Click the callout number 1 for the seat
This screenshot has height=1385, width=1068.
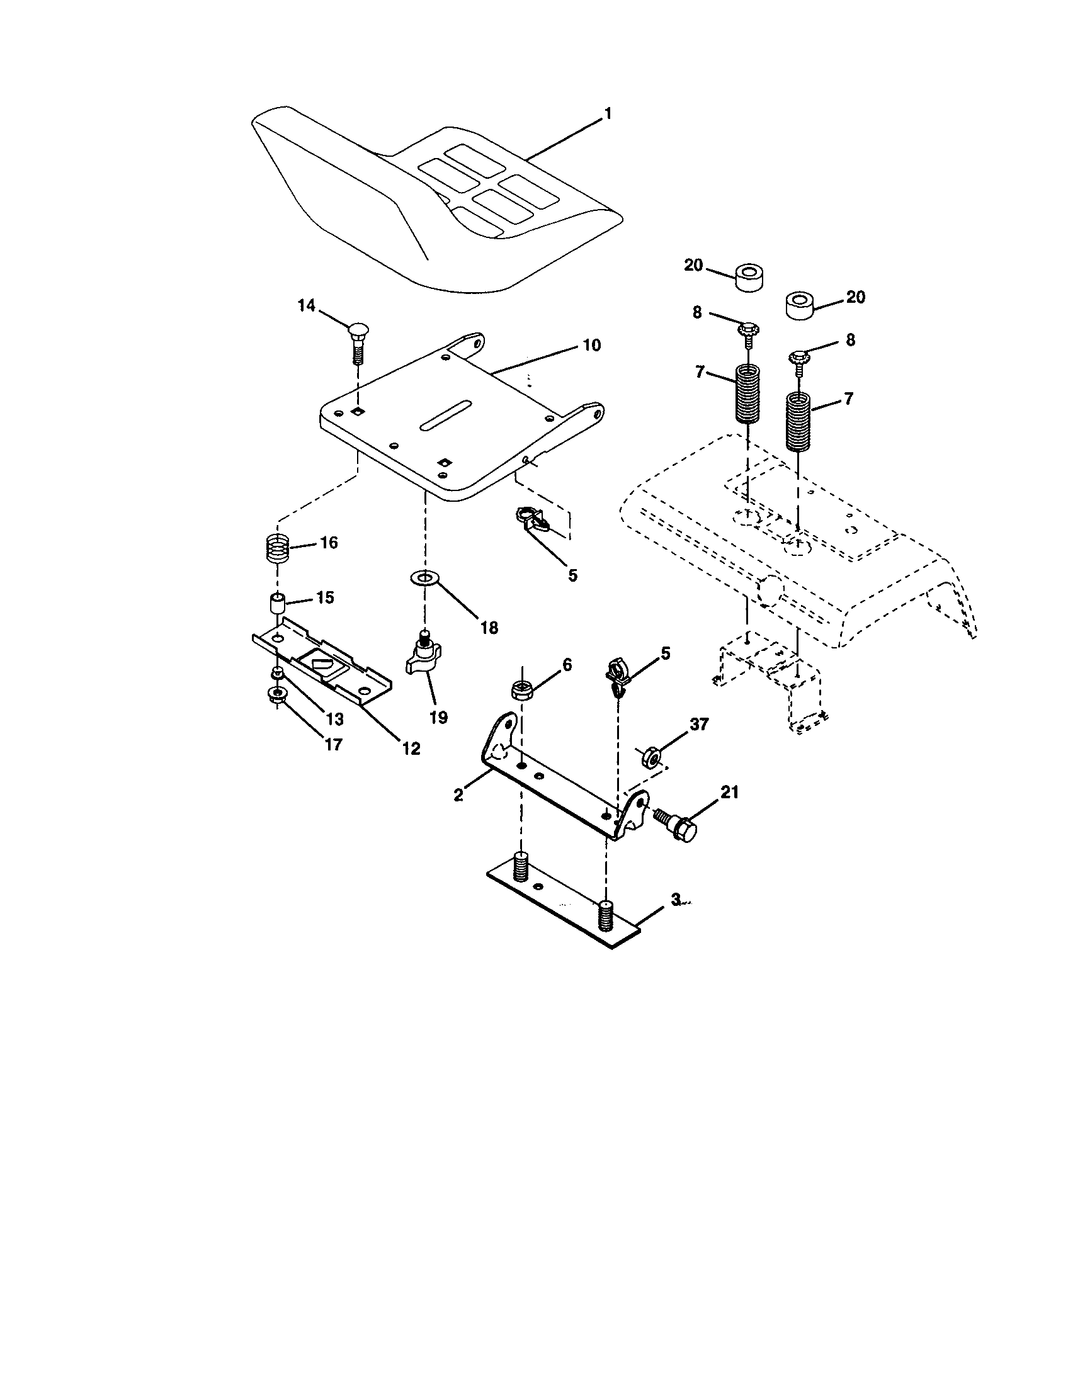[x=608, y=114]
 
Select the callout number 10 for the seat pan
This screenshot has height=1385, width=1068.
[x=592, y=346]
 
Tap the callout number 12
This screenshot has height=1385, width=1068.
[x=411, y=749]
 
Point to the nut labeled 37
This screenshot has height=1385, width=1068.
[x=652, y=757]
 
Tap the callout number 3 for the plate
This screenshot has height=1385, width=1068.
[x=676, y=899]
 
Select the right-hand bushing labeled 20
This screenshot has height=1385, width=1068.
[x=800, y=305]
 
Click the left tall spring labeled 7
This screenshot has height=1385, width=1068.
[x=749, y=393]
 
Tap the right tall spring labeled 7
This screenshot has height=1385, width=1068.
[x=798, y=421]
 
